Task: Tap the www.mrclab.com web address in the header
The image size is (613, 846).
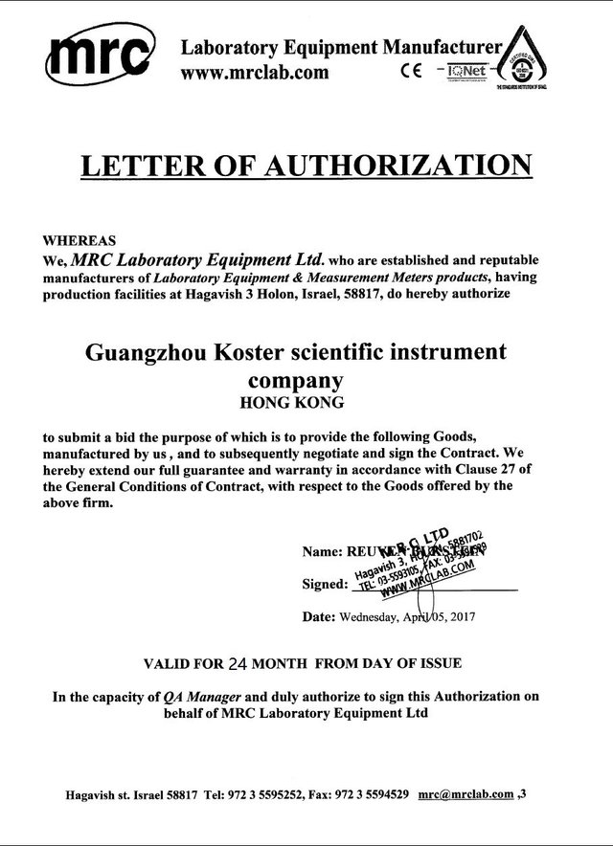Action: tap(256, 71)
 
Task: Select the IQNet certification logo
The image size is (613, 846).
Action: tap(462, 71)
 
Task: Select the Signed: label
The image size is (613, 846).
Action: tap(323, 583)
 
